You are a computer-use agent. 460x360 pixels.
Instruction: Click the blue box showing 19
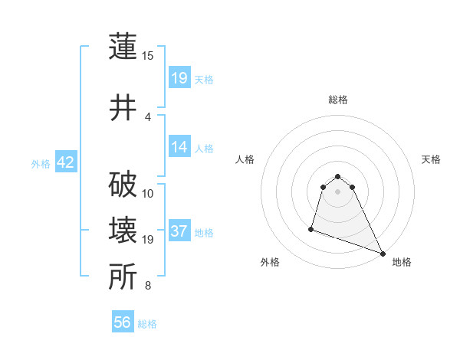click(x=179, y=78)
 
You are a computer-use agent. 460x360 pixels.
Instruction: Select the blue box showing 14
click(x=179, y=147)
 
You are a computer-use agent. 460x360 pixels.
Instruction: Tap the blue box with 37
click(x=179, y=231)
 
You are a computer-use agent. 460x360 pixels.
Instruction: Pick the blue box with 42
click(x=65, y=162)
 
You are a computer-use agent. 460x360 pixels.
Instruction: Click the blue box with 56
click(x=123, y=322)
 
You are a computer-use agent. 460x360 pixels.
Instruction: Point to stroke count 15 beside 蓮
click(x=148, y=56)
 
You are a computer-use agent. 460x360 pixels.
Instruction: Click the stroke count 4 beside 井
click(x=148, y=117)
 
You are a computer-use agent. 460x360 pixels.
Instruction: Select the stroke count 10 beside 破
click(x=148, y=194)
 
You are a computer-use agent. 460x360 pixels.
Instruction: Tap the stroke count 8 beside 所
click(x=148, y=286)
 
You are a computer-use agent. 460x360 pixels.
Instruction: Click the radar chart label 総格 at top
click(x=338, y=100)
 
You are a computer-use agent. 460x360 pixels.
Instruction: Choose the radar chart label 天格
click(x=432, y=159)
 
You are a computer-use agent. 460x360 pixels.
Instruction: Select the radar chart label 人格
click(x=245, y=159)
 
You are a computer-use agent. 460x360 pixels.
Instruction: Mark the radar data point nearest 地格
click(x=383, y=253)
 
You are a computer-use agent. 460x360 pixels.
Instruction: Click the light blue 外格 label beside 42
click(x=41, y=163)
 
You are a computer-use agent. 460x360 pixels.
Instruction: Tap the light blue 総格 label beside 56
click(x=147, y=323)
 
